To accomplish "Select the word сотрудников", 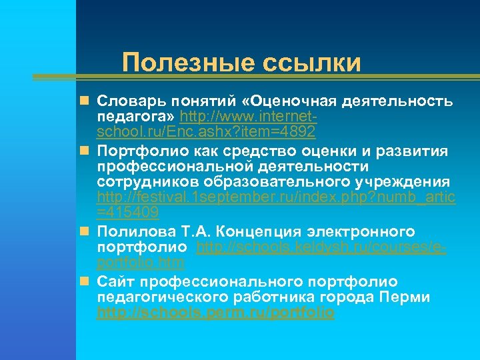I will [144, 182].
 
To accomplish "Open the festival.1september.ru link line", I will [276, 198].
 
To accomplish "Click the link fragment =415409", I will [127, 213].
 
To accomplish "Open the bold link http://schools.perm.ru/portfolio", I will [215, 312].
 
